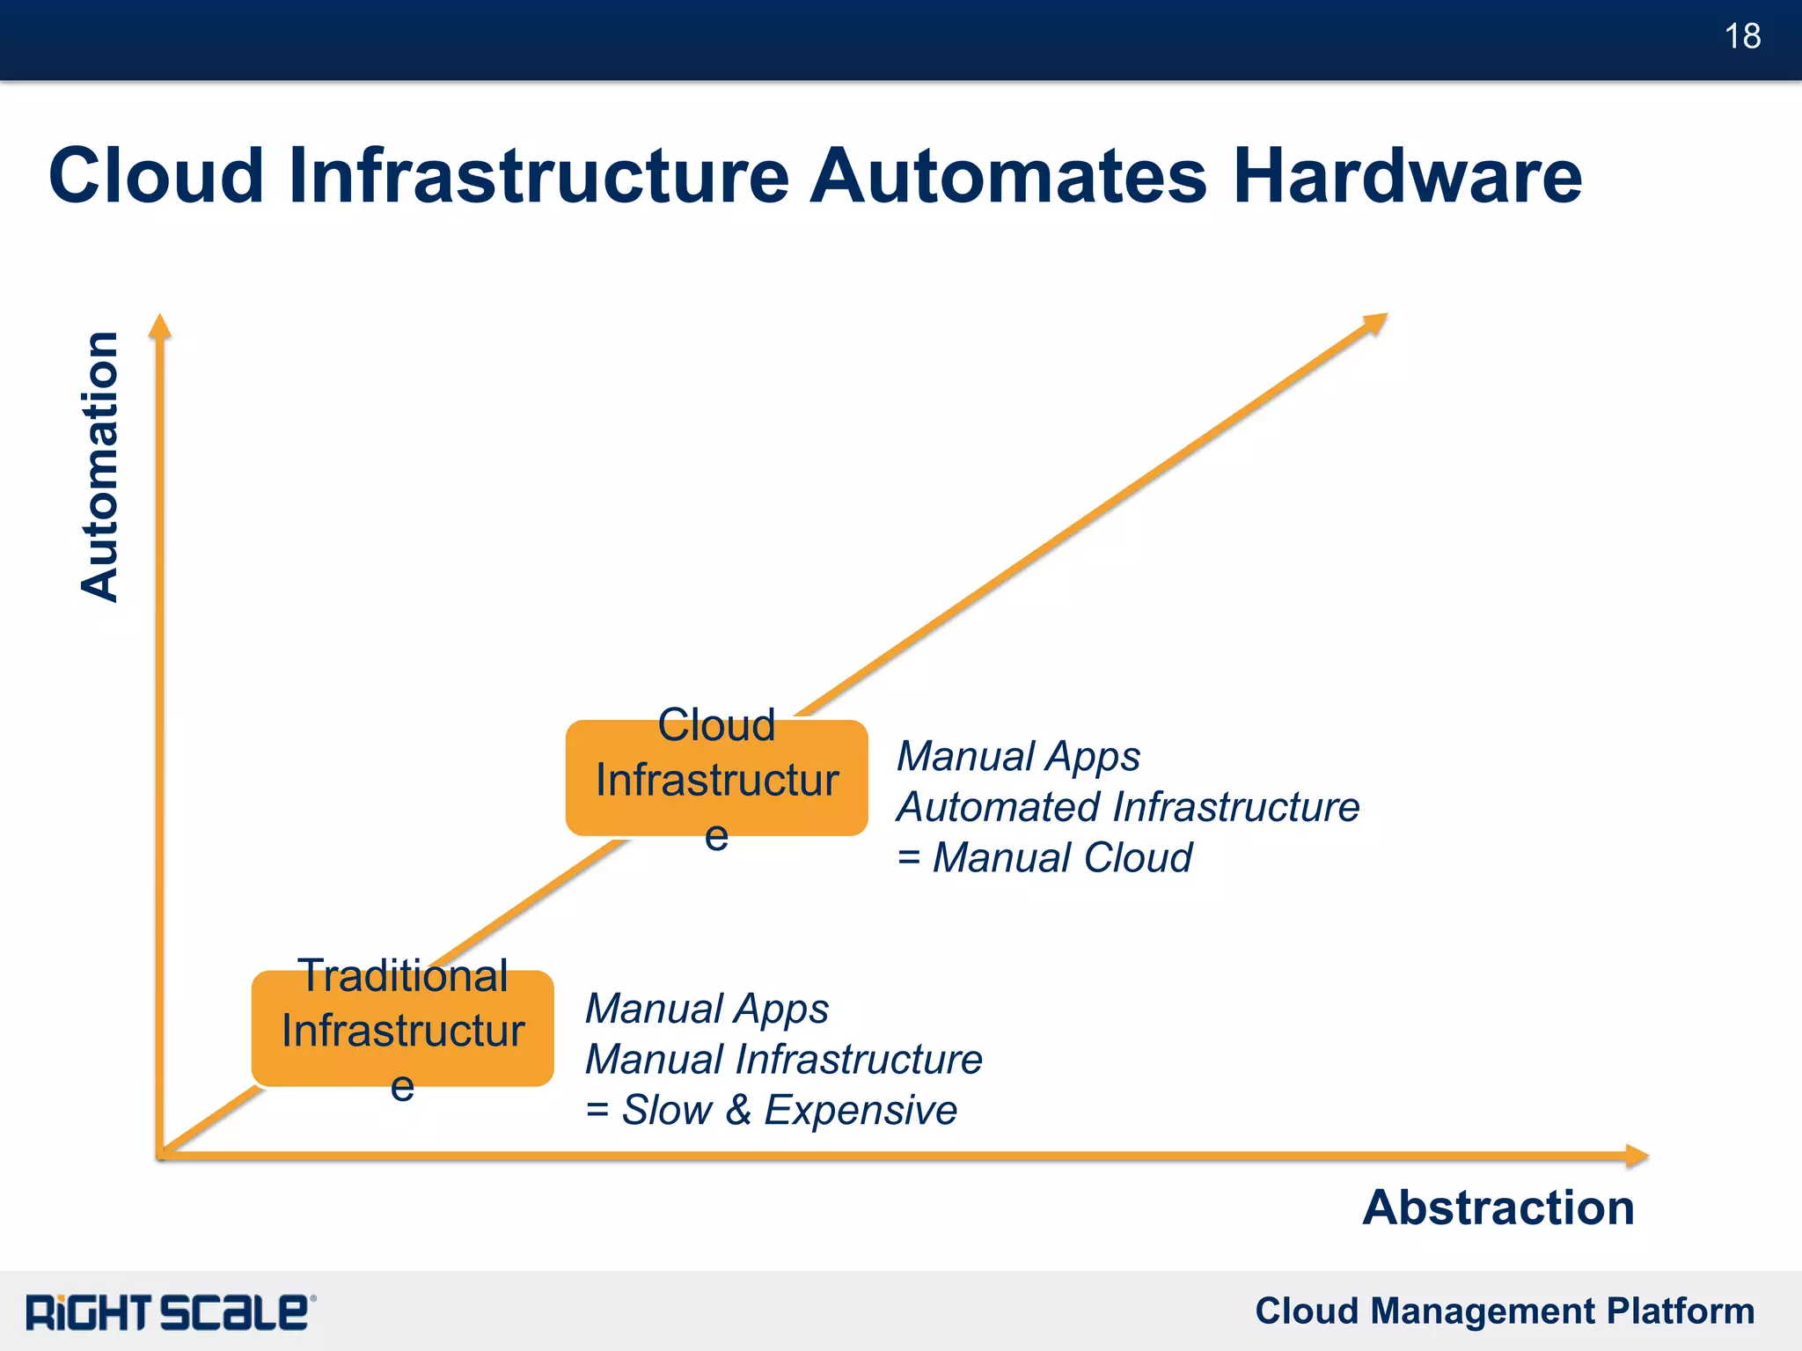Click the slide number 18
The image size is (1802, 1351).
click(x=1741, y=37)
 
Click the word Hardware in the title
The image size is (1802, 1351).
click(x=1406, y=176)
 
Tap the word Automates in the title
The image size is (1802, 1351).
click(x=1008, y=176)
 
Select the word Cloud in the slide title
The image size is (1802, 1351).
click(x=157, y=176)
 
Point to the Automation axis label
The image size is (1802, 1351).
click(x=99, y=466)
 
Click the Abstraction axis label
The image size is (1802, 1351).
click(x=1498, y=1207)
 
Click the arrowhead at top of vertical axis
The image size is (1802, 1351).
click(x=159, y=327)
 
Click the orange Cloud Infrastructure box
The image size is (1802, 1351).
click(x=716, y=778)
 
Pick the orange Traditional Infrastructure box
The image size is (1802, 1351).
click(x=402, y=1028)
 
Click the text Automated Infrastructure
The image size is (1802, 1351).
click(x=1128, y=807)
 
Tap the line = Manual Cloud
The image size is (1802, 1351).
click(x=1044, y=857)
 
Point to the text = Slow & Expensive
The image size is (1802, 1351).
click(x=771, y=1109)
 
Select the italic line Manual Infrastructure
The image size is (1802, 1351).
click(x=783, y=1059)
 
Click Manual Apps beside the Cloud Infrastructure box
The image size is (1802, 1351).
click(x=1018, y=756)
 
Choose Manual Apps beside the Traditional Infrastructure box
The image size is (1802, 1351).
click(x=707, y=1008)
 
